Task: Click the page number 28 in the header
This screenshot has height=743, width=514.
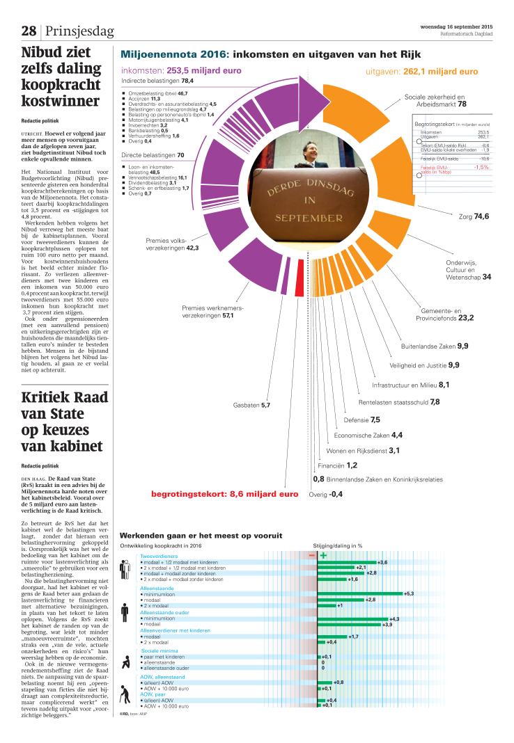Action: (x=29, y=31)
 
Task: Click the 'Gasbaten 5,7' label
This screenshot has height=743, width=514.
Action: (x=251, y=405)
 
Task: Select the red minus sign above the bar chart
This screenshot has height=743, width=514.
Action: (x=312, y=555)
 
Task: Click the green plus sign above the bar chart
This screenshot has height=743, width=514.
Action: (x=323, y=555)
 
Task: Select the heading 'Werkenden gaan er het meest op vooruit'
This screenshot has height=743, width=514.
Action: (x=201, y=536)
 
